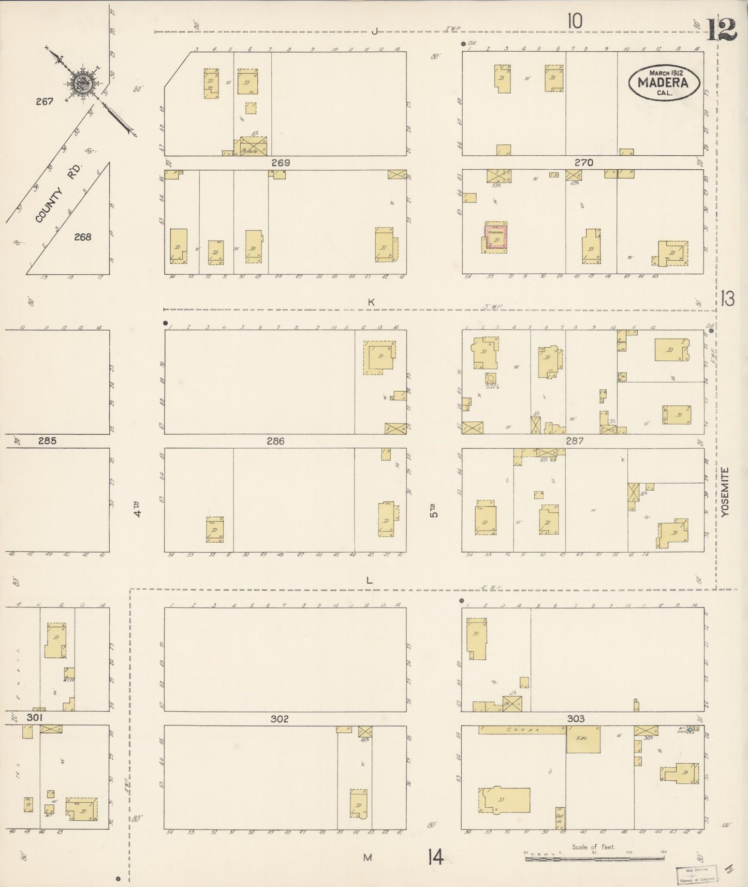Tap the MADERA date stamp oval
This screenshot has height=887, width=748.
(x=664, y=83)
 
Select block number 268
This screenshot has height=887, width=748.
(x=82, y=237)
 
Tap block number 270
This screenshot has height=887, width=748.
(x=583, y=162)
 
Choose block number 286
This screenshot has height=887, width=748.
(x=275, y=441)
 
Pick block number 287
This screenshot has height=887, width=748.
(x=575, y=441)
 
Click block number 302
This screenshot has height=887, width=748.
(x=279, y=719)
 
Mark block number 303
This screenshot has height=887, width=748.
(x=576, y=719)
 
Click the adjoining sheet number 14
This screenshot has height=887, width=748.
(x=435, y=858)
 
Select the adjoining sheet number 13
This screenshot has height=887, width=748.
(x=727, y=299)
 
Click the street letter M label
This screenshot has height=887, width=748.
(x=368, y=858)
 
